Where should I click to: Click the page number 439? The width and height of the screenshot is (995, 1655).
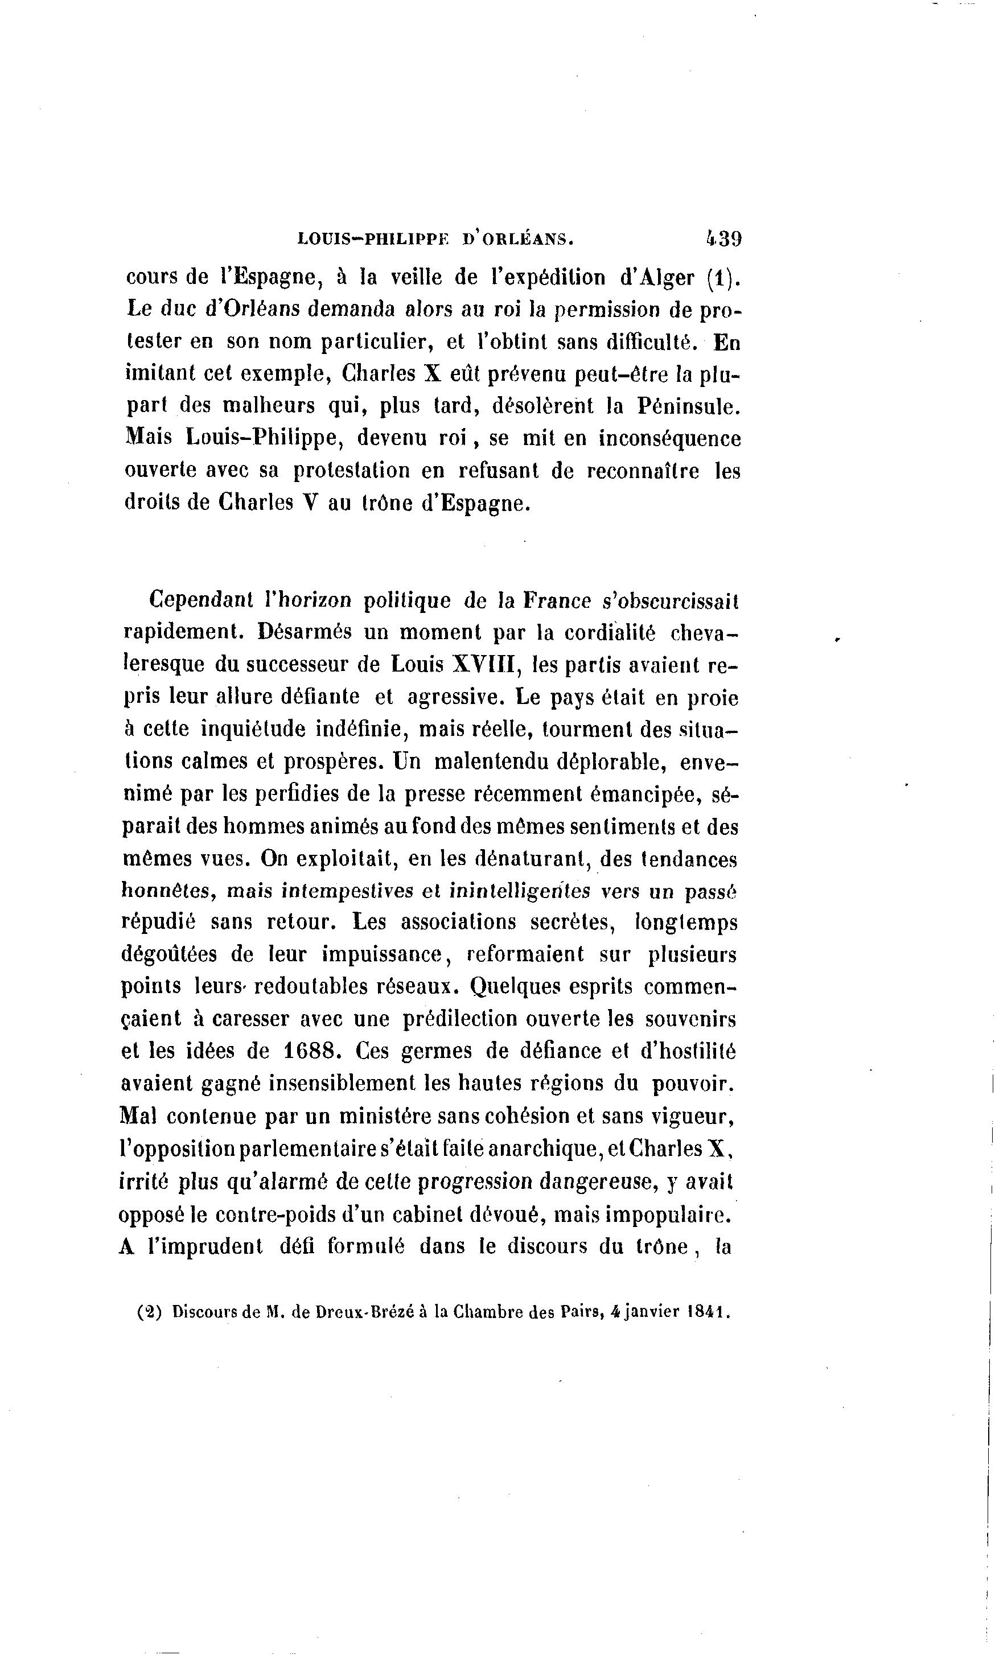tap(723, 238)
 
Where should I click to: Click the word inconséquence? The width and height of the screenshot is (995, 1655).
tap(670, 439)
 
